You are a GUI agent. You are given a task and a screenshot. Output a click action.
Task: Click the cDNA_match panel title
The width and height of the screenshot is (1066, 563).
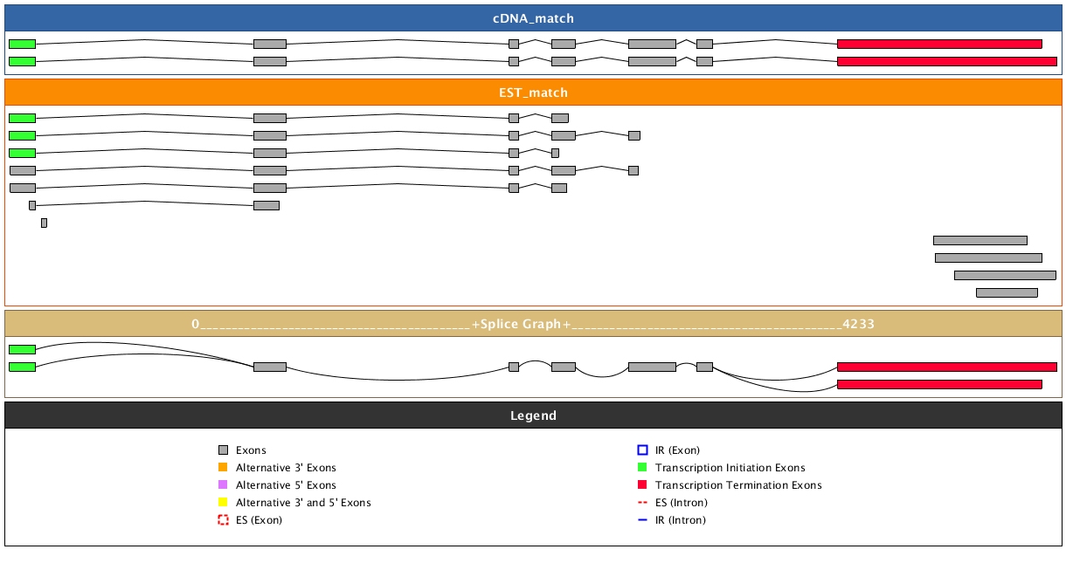(x=533, y=18)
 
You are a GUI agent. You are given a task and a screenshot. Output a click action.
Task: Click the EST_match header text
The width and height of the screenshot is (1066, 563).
(x=533, y=93)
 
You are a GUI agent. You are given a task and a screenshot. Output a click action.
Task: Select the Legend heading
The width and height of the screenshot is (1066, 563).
(x=533, y=415)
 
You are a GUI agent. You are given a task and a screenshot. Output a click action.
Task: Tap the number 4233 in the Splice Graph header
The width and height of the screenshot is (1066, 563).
(x=859, y=324)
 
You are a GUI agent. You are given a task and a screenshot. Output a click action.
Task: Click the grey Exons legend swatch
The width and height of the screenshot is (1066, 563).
(x=223, y=450)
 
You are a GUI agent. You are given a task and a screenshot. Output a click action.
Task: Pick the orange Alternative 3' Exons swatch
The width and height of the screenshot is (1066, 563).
(x=223, y=468)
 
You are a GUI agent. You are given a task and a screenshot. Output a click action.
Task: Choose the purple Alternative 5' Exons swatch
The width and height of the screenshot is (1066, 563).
(x=223, y=485)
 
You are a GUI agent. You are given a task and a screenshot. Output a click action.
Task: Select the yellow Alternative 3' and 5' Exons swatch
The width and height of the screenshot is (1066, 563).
(x=223, y=503)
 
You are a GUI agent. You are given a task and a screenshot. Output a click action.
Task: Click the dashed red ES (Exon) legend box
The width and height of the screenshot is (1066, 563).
(x=223, y=520)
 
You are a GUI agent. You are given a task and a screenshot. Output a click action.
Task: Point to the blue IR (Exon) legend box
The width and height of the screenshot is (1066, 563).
(x=642, y=450)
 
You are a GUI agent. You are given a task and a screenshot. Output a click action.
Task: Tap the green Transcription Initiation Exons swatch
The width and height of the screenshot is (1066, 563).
(x=642, y=468)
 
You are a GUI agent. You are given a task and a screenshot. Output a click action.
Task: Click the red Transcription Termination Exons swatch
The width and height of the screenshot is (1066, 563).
(x=642, y=485)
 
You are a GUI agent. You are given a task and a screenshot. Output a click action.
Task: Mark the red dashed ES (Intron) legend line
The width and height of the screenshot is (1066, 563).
(x=642, y=503)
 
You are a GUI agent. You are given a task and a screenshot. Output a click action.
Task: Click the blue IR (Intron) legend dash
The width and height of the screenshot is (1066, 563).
(x=642, y=520)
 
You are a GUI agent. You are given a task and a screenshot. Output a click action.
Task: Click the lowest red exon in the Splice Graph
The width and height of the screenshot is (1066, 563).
(x=939, y=384)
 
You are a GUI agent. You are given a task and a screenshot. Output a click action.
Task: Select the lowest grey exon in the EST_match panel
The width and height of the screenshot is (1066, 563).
(x=1007, y=292)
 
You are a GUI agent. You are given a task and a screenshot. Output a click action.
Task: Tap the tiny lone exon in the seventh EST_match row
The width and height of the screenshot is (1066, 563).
(x=44, y=223)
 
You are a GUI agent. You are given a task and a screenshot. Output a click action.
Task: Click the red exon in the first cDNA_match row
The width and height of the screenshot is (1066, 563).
(x=939, y=44)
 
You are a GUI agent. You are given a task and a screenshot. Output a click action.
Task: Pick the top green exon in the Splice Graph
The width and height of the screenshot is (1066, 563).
(x=22, y=349)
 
